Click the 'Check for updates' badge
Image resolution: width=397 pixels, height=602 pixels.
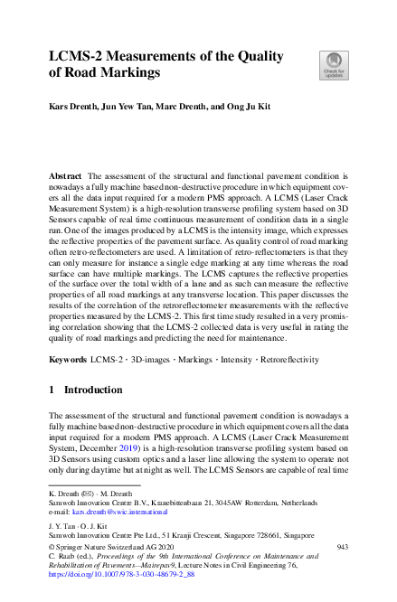[332, 64]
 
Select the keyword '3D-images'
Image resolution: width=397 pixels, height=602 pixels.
[149, 359]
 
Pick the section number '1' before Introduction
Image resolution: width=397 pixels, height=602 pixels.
[52, 390]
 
